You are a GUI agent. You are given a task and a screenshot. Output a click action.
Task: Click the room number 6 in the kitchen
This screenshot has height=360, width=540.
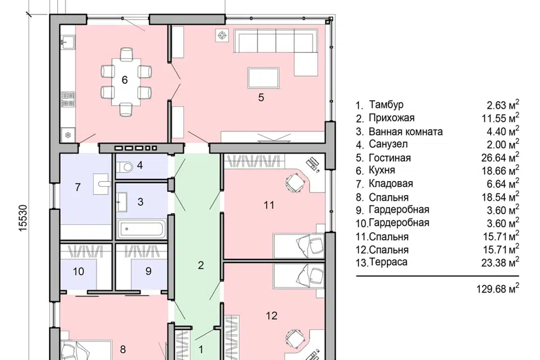pyautogui.click(x=125, y=80)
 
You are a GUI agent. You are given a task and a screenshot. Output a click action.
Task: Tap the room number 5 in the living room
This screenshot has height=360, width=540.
pyautogui.click(x=261, y=97)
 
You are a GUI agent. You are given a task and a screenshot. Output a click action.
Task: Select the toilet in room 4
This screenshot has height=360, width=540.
pyautogui.click(x=124, y=168)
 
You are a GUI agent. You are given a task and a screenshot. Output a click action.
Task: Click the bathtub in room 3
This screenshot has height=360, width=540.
pyautogui.click(x=142, y=228)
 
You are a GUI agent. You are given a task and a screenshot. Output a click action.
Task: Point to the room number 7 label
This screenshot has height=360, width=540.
pyautogui.click(x=78, y=187)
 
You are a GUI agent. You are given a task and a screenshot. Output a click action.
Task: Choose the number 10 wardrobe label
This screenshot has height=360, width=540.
pyautogui.click(x=78, y=272)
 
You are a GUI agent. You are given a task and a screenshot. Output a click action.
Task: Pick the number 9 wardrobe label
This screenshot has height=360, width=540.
pyautogui.click(x=148, y=271)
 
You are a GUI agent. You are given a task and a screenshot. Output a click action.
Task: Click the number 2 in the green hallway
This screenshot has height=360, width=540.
pyautogui.click(x=201, y=265)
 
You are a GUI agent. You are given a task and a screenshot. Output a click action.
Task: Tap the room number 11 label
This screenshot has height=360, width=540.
pyautogui.click(x=269, y=205)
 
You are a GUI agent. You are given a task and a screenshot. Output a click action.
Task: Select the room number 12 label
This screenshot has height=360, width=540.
pyautogui.click(x=271, y=316)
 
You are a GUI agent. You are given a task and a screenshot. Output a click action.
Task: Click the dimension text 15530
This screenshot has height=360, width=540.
pyautogui.click(x=22, y=218)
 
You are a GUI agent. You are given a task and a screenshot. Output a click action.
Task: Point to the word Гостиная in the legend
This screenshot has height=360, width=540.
pyautogui.click(x=389, y=157)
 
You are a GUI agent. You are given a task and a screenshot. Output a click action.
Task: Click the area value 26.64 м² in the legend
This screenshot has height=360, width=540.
pyautogui.click(x=500, y=157)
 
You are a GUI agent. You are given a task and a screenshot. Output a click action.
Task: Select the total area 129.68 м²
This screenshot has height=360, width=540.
pyautogui.click(x=498, y=288)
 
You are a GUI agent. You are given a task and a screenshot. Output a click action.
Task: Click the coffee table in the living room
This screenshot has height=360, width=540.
pyautogui.click(x=263, y=78)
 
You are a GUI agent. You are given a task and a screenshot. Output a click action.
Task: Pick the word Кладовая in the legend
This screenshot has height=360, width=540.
pyautogui.click(x=390, y=183)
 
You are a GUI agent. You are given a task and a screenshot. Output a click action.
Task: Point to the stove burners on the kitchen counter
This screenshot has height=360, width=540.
pyautogui.click(x=68, y=99)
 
